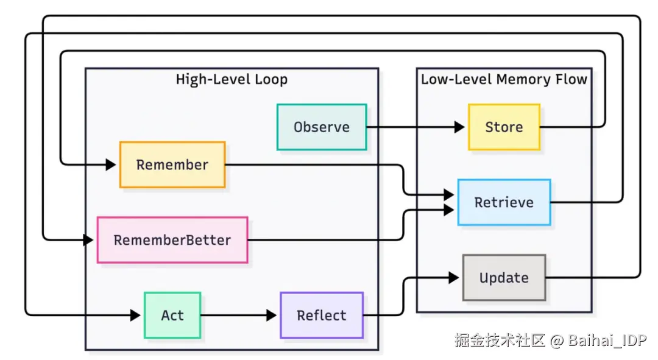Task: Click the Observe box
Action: click(x=322, y=127)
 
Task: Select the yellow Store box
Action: click(x=504, y=127)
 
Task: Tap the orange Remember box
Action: click(x=172, y=164)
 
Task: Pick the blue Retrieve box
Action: click(x=504, y=202)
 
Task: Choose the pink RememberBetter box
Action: click(x=172, y=240)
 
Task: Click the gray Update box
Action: click(x=504, y=277)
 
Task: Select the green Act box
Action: click(x=172, y=315)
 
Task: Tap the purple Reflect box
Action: click(x=322, y=315)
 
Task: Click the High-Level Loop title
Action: click(x=232, y=79)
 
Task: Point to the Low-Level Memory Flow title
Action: click(x=504, y=79)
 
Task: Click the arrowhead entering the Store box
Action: click(x=459, y=127)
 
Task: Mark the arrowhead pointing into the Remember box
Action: click(x=111, y=164)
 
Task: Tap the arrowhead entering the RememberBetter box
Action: click(x=88, y=240)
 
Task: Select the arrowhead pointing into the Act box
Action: click(x=135, y=315)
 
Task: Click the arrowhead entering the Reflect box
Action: click(x=272, y=315)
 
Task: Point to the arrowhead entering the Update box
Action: click(x=454, y=277)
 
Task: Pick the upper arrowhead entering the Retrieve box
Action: click(x=449, y=195)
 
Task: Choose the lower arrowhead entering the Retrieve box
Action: click(x=449, y=210)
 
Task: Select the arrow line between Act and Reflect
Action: click(x=238, y=315)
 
